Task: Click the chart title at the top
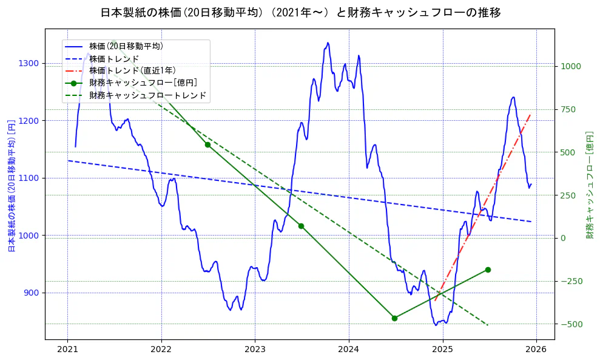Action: click(300, 12)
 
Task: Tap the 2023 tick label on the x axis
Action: click(255, 350)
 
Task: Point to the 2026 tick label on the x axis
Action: click(536, 350)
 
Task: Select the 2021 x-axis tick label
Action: click(67, 350)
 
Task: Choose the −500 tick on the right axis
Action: click(571, 324)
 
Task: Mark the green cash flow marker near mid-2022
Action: click(207, 144)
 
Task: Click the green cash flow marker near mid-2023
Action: click(301, 226)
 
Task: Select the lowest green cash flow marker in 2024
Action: click(394, 318)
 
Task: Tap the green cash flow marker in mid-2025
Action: click(488, 270)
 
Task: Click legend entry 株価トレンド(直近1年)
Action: click(132, 70)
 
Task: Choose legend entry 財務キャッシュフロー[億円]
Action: click(143, 83)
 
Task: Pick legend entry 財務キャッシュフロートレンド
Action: click(147, 95)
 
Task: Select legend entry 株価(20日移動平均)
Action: click(126, 46)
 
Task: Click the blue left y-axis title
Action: click(10, 186)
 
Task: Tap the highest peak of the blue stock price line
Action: click(328, 42)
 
